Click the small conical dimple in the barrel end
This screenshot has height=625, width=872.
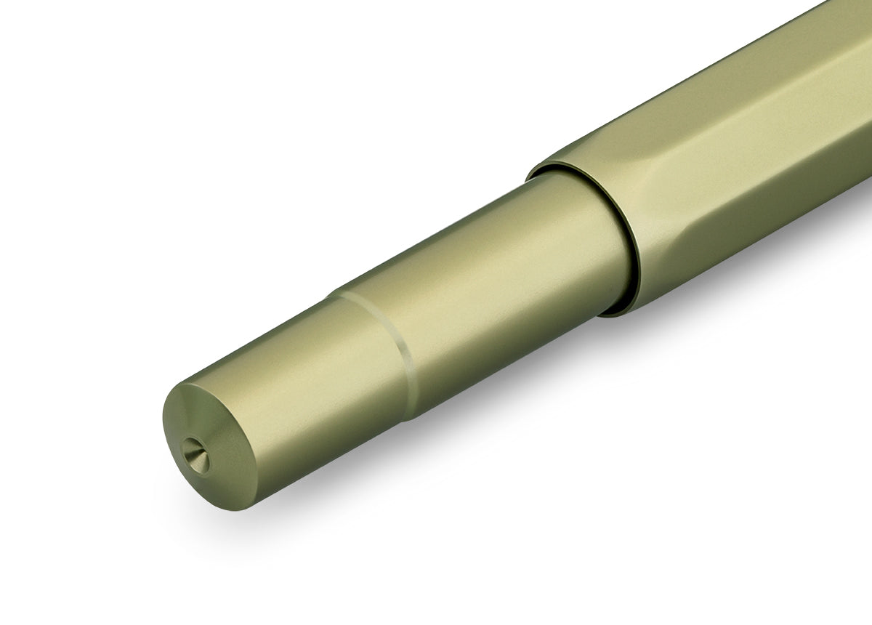[195, 455]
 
